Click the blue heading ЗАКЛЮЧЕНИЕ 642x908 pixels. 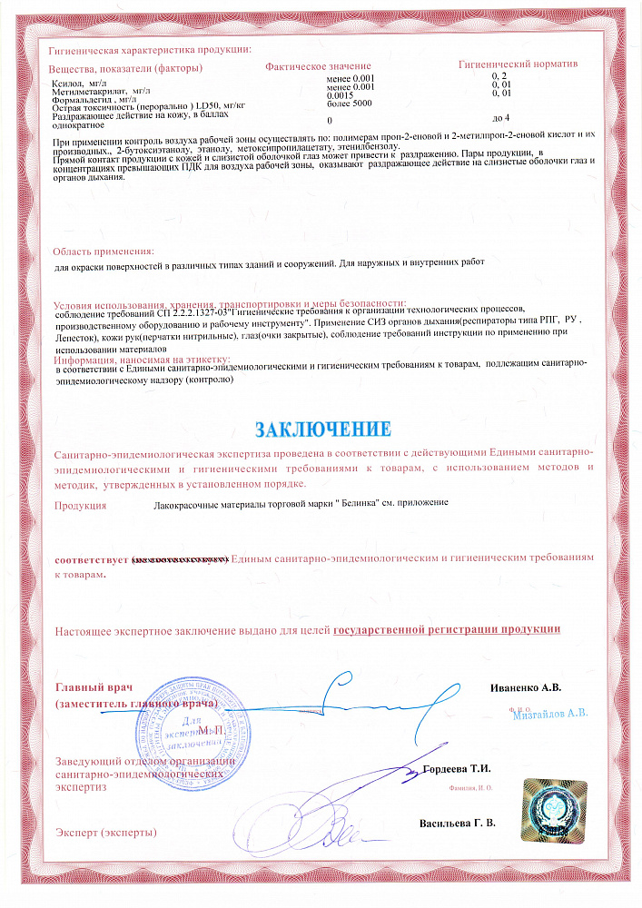[322, 428]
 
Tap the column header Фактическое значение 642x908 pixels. [318, 67]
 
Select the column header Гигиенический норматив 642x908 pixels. [519, 64]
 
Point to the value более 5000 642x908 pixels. [349, 104]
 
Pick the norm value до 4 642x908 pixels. [500, 118]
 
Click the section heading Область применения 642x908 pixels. [103, 251]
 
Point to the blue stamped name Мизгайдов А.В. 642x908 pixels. [551, 713]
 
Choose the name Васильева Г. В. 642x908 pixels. [458, 824]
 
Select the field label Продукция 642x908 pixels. [81, 502]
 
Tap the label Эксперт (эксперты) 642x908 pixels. [106, 832]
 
